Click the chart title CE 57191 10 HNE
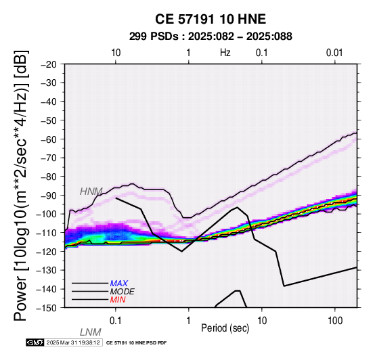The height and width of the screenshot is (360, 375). [x=211, y=19]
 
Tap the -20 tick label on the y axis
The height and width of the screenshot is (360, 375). [x=49, y=64]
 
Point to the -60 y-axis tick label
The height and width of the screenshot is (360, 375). [x=49, y=139]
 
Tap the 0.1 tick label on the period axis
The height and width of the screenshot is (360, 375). [x=115, y=321]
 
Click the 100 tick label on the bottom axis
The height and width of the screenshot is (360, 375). [x=335, y=321]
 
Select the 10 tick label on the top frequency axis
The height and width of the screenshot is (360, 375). [x=116, y=53]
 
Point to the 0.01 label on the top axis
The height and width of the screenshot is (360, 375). [x=334, y=53]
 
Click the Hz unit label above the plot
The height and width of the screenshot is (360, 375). [x=225, y=53]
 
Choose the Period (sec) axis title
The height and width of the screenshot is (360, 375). [x=225, y=328]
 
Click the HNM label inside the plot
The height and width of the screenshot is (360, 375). [x=91, y=192]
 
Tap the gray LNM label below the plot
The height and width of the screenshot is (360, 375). [x=91, y=332]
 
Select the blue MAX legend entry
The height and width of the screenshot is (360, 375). [x=119, y=284]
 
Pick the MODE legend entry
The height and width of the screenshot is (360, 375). [x=123, y=292]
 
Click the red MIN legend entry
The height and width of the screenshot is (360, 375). [x=118, y=300]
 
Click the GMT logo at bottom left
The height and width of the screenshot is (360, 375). [x=35, y=342]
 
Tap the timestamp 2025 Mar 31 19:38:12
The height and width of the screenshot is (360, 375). [x=73, y=342]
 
